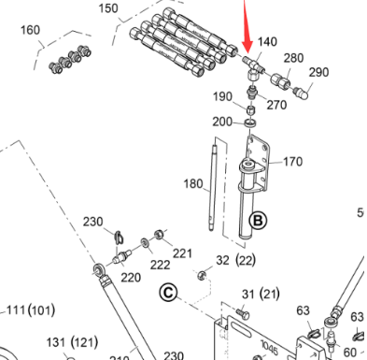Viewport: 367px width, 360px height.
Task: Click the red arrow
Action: point(247,28)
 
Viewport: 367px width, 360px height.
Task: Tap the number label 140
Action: point(268,42)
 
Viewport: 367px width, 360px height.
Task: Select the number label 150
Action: point(134,8)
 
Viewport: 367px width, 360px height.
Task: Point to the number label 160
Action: point(30,30)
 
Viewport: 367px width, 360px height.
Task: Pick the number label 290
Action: point(318,72)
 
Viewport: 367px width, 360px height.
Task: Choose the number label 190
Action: point(222,96)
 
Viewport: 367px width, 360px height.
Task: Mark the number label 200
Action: point(222,122)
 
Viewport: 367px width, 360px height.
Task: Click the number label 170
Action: point(292,162)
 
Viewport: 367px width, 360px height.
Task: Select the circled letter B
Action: point(257,223)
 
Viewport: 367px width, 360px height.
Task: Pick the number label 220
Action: point(131,277)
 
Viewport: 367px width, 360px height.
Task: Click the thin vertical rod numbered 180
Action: point(214,187)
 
